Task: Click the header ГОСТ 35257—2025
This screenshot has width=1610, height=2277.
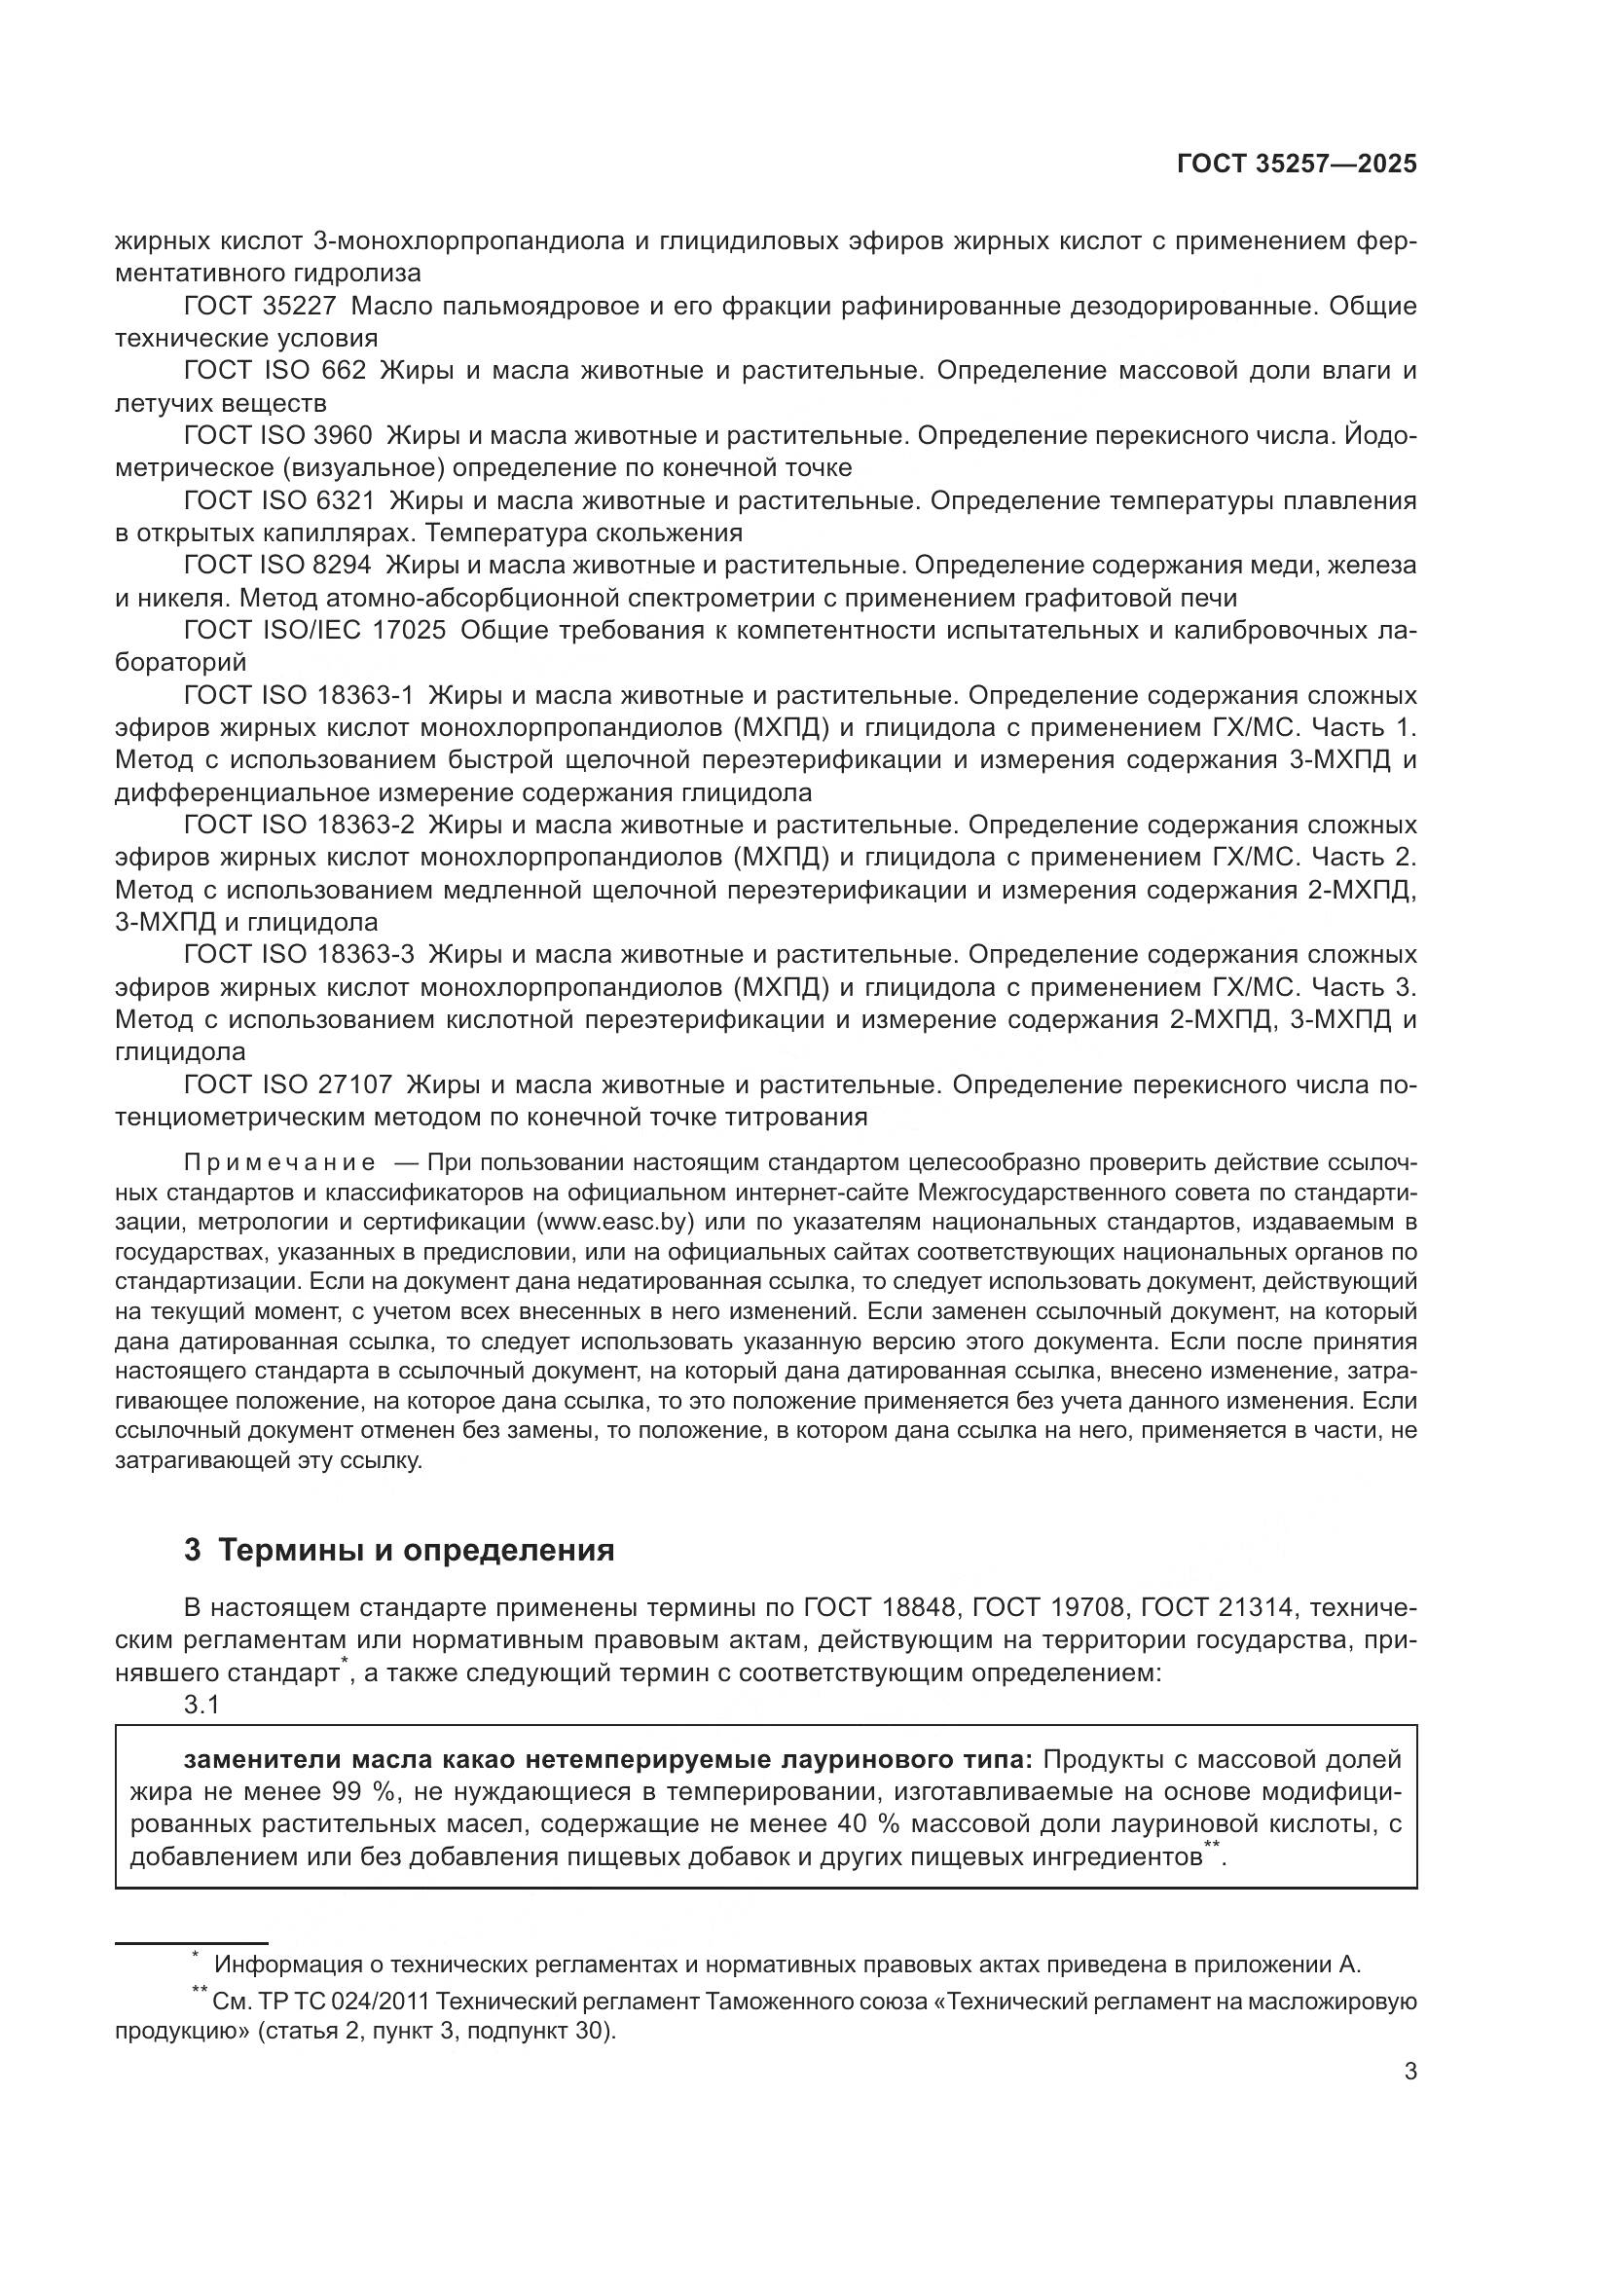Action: coord(1297,165)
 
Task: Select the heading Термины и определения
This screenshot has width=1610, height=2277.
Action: coord(417,1550)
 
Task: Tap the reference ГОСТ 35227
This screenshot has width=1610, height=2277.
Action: coord(261,306)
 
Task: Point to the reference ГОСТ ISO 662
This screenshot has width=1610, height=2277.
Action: coord(275,371)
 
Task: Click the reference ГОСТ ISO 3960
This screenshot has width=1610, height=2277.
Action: coord(278,435)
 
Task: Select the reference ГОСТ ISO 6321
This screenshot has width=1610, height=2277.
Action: coord(278,500)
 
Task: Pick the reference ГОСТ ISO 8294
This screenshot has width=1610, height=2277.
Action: coord(278,566)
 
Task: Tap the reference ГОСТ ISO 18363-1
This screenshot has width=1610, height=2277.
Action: coord(300,695)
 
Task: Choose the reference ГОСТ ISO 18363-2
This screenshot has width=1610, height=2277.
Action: coord(300,826)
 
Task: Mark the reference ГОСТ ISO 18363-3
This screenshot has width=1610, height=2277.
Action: coord(300,955)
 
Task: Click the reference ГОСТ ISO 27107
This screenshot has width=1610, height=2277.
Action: coord(288,1084)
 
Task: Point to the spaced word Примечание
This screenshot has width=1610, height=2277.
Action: coord(279,1162)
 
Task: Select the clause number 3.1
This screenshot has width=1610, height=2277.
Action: coord(201,1705)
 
